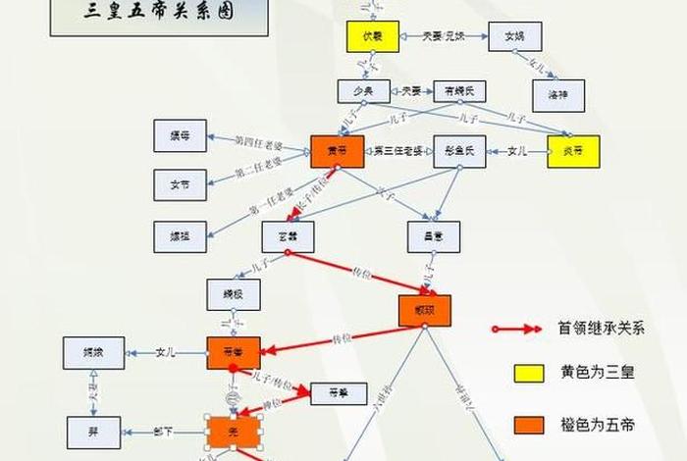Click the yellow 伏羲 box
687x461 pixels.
coord(370,36)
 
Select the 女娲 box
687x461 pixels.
coord(515,36)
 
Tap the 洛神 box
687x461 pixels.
coord(557,94)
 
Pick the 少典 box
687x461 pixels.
coord(363,91)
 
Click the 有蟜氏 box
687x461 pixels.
coord(459,91)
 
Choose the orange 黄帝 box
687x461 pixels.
coord(338,151)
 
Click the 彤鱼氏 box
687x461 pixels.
coord(459,151)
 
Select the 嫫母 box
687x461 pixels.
coord(180,134)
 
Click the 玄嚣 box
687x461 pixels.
coord(288,236)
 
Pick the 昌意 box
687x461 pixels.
coord(434,236)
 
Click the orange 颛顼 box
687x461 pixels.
coord(425,310)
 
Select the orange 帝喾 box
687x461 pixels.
coord(234,352)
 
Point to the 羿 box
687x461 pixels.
coord(93,432)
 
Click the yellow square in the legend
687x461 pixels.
coord(529,374)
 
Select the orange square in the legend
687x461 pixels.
coord(529,425)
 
